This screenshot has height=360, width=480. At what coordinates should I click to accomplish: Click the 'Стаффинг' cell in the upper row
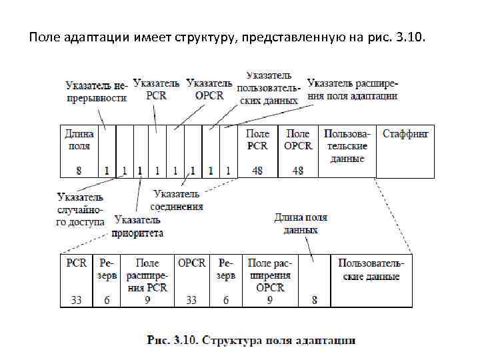click(405, 133)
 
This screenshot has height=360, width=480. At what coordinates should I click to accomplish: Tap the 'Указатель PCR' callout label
click(156, 89)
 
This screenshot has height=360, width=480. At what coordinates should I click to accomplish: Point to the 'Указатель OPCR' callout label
click(209, 89)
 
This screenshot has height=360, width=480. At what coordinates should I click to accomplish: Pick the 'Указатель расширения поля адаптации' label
click(353, 89)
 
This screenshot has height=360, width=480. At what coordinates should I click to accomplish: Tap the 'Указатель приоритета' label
click(138, 227)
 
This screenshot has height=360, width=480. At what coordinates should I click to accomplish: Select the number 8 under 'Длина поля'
click(79, 171)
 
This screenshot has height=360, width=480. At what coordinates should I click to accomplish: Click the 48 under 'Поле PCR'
click(257, 171)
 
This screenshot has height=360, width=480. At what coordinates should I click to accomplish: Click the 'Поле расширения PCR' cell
click(147, 275)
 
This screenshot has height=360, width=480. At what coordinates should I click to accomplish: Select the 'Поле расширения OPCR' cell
click(269, 275)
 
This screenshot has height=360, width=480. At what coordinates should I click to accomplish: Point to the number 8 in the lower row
click(315, 300)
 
